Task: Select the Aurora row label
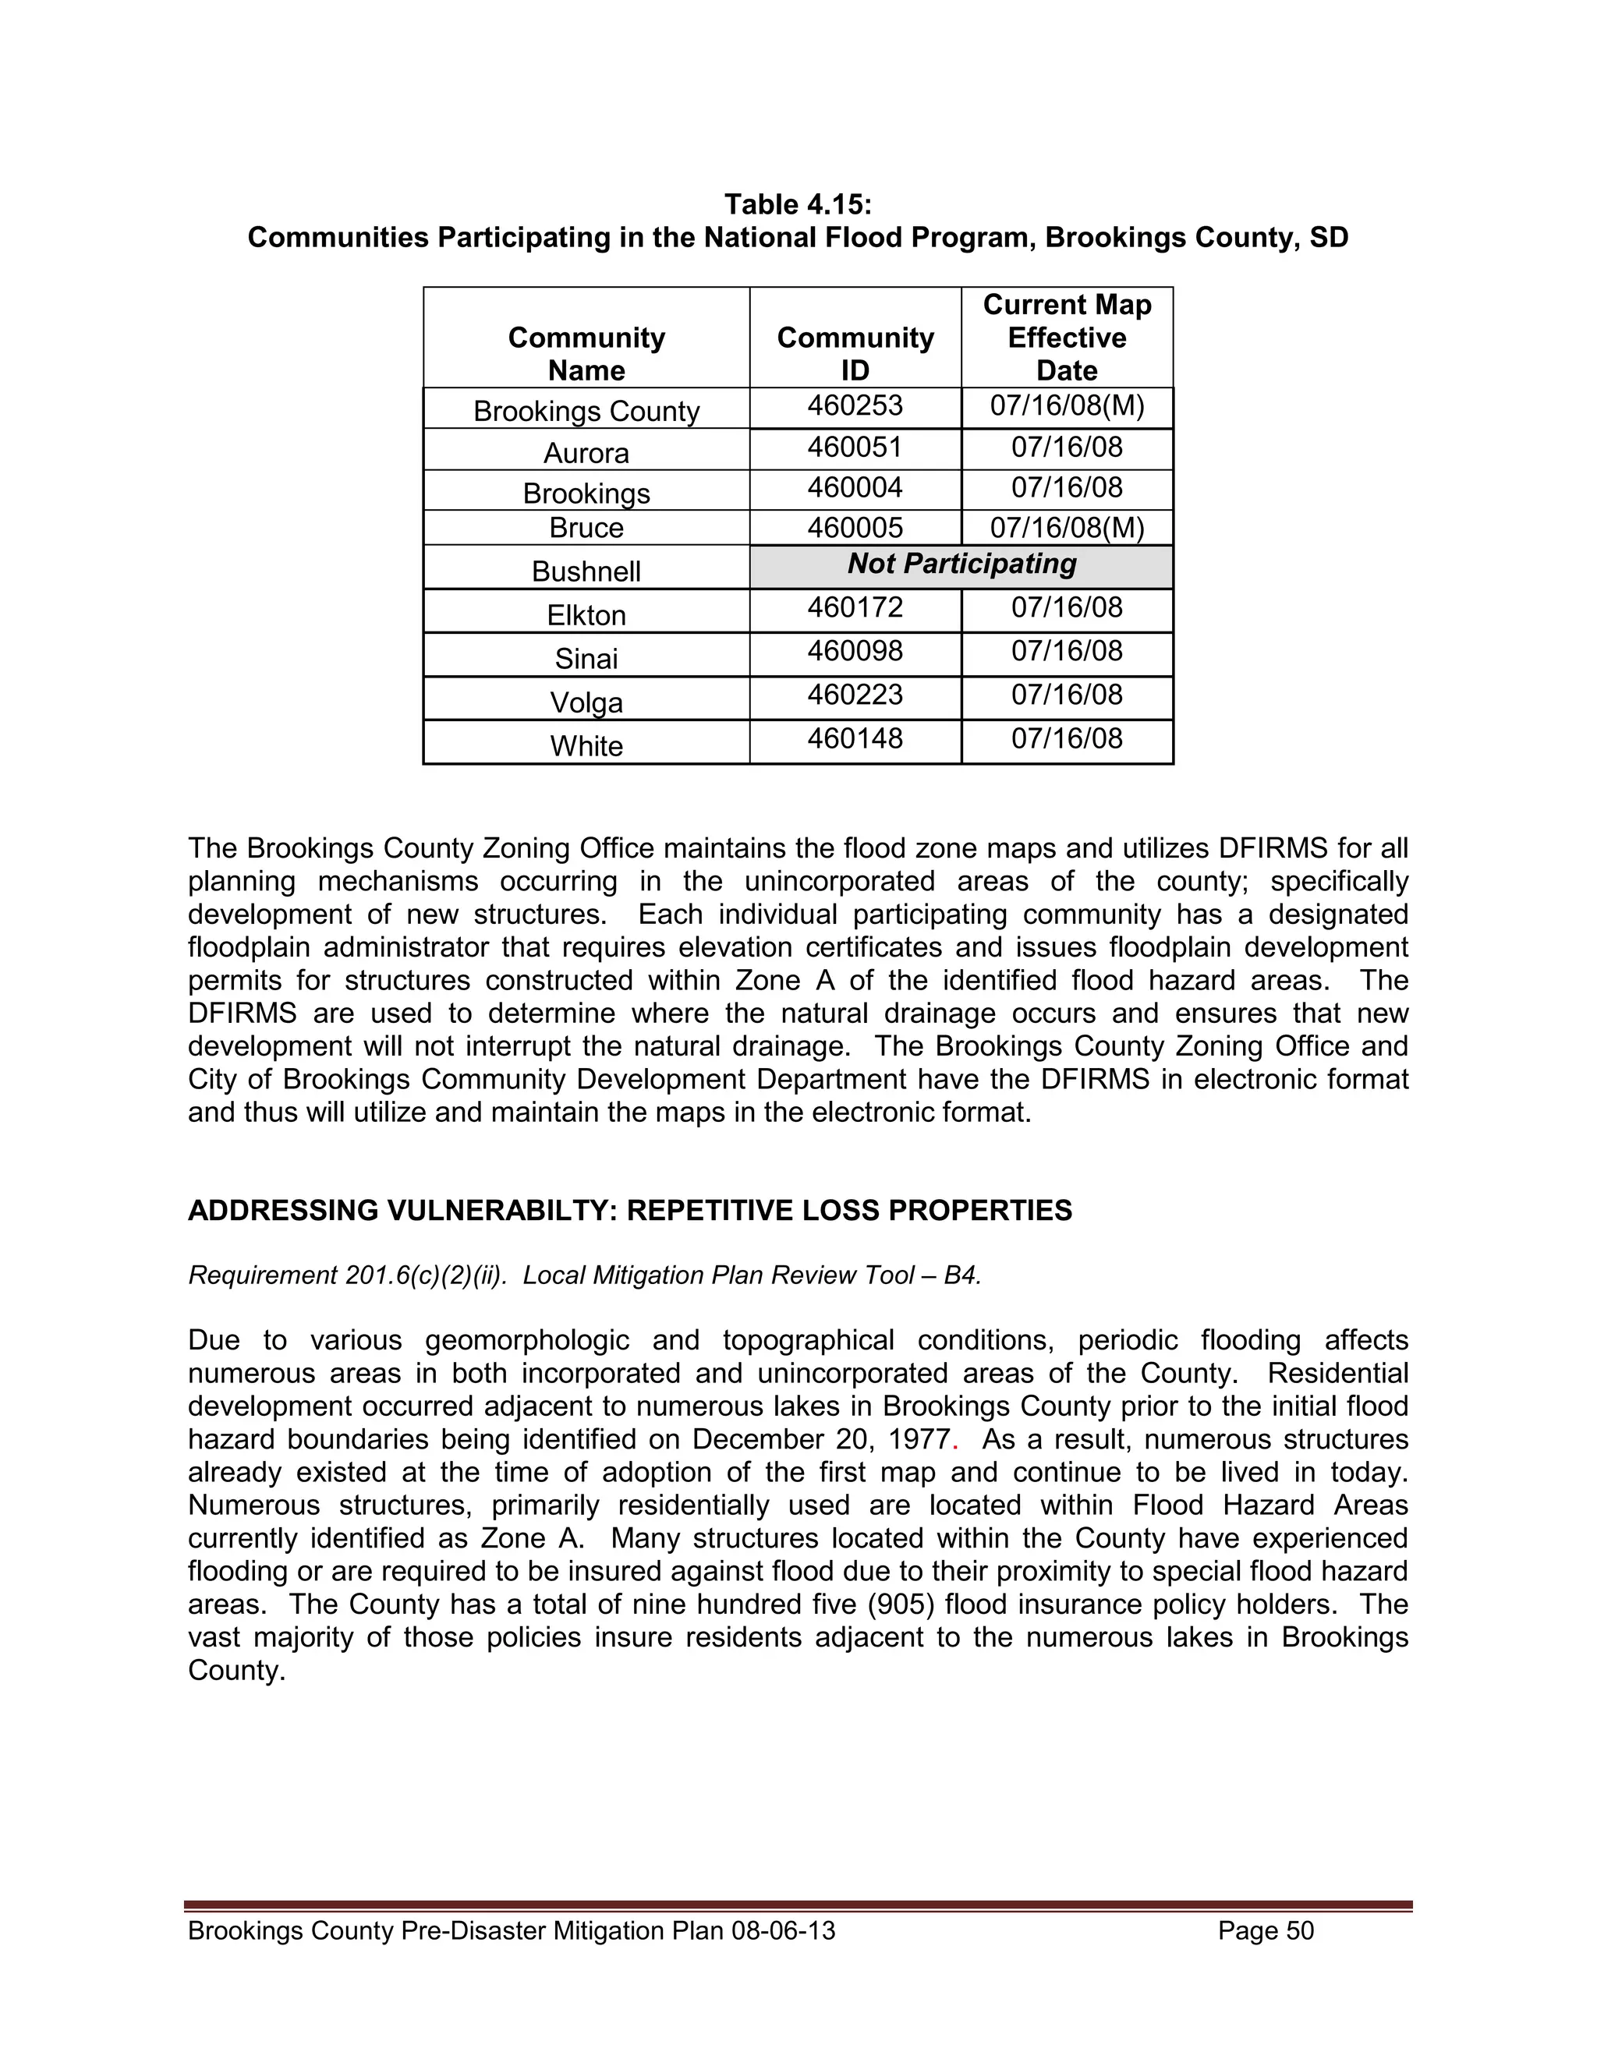(586, 452)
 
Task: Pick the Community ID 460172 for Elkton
(855, 607)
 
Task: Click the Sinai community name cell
(586, 657)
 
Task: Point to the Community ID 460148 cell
(855, 739)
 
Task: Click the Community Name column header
(586, 354)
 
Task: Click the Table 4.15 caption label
(798, 204)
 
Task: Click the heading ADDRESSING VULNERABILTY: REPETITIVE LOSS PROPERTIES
(630, 1211)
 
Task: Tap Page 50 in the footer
(1266, 1930)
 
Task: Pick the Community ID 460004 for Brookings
(855, 488)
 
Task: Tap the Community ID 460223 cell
(855, 695)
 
